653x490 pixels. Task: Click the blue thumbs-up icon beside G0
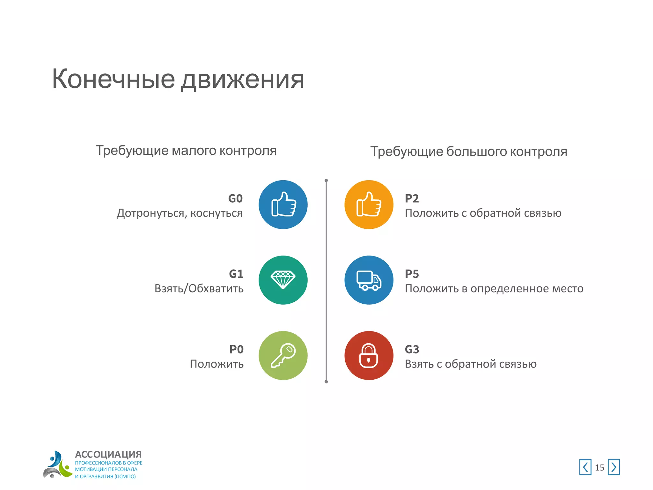tap(283, 204)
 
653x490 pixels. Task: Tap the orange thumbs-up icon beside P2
tap(369, 204)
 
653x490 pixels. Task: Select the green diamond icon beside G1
tap(283, 280)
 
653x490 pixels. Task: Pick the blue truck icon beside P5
tap(369, 280)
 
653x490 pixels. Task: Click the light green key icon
tap(283, 355)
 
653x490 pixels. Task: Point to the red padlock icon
tap(369, 355)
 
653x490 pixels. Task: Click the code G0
tap(235, 198)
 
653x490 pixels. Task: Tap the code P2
tap(412, 198)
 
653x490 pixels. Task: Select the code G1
tap(236, 274)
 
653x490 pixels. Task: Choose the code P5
tap(412, 274)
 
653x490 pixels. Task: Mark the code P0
tap(236, 349)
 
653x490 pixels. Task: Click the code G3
tap(412, 349)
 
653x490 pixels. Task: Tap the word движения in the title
tap(242, 80)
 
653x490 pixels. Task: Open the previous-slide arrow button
tap(585, 467)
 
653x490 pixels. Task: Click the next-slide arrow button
tap(613, 467)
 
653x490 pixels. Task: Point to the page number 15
tap(599, 468)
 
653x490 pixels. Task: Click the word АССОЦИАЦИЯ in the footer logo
tap(108, 454)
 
